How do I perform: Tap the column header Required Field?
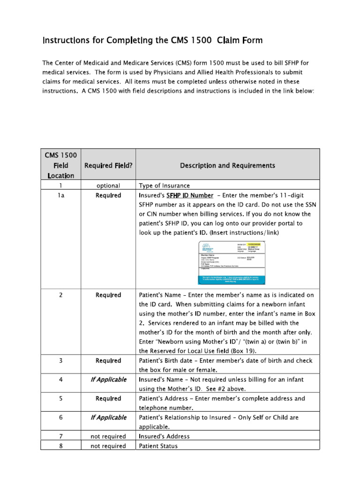click(x=108, y=165)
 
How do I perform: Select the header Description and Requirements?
click(x=228, y=165)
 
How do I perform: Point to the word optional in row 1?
click(x=108, y=186)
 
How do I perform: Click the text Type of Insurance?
click(x=164, y=186)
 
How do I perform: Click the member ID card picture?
click(x=233, y=263)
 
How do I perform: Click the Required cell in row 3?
click(x=108, y=360)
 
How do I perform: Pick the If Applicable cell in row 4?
click(x=108, y=379)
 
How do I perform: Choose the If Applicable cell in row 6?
click(x=108, y=417)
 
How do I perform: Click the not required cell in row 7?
click(x=108, y=436)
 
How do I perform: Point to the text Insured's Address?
click(x=165, y=436)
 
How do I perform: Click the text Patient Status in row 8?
click(x=158, y=446)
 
